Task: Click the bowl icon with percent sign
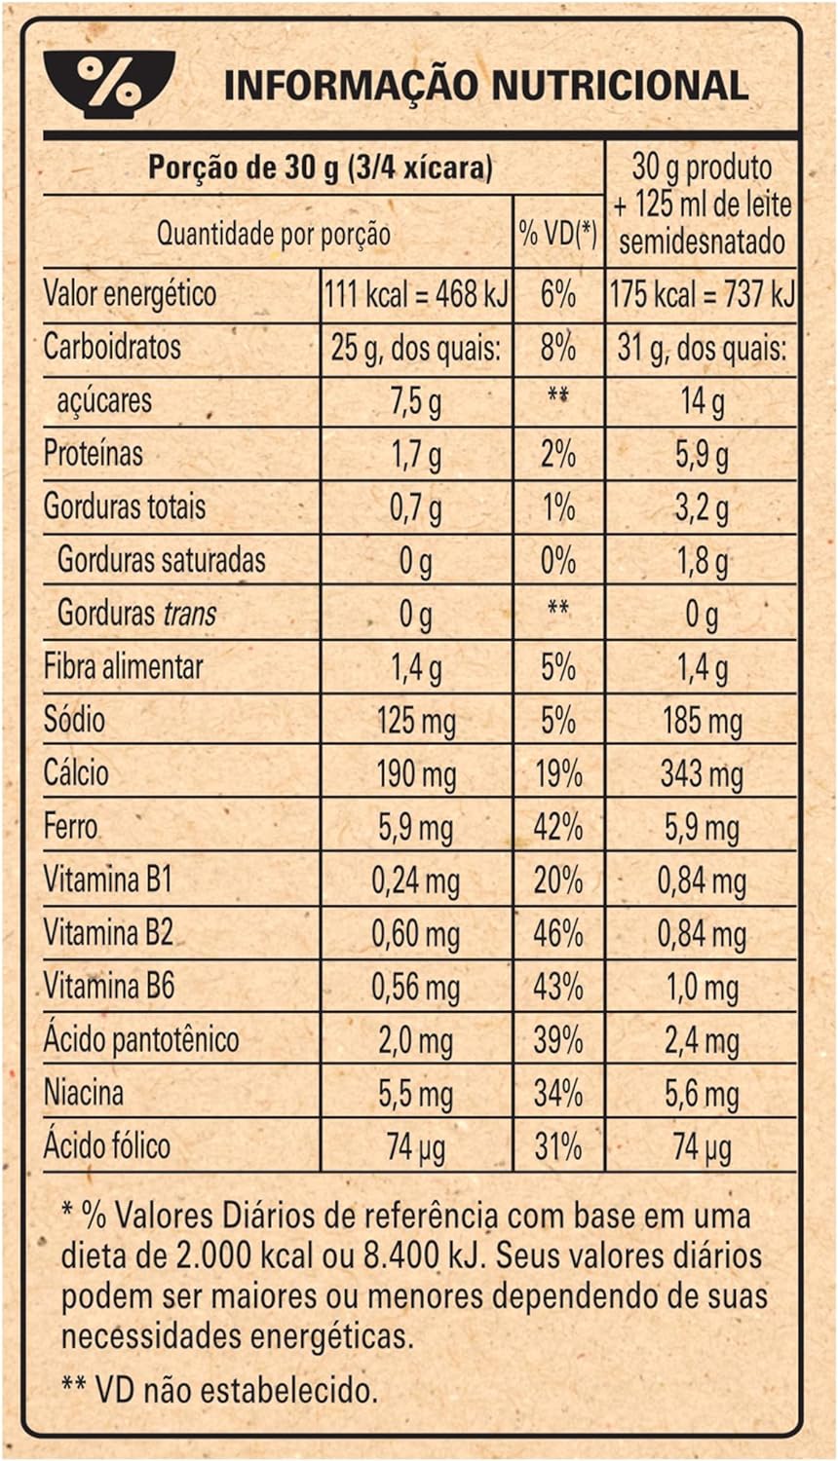pyautogui.click(x=109, y=84)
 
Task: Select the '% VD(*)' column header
pyautogui.click(x=558, y=234)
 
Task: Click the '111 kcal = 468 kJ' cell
pyautogui.click(x=416, y=295)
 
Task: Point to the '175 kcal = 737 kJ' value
pyautogui.click(x=703, y=295)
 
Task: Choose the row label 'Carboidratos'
pyautogui.click(x=112, y=347)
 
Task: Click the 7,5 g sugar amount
pyautogui.click(x=416, y=401)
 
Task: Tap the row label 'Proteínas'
pyautogui.click(x=93, y=453)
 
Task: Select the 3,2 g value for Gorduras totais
pyautogui.click(x=702, y=508)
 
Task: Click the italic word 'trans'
pyautogui.click(x=189, y=613)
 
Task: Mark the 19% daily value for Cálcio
pyautogui.click(x=558, y=774)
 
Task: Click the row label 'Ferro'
pyautogui.click(x=70, y=826)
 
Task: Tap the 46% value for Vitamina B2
pyautogui.click(x=558, y=934)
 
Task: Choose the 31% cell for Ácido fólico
pyautogui.click(x=558, y=1146)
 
